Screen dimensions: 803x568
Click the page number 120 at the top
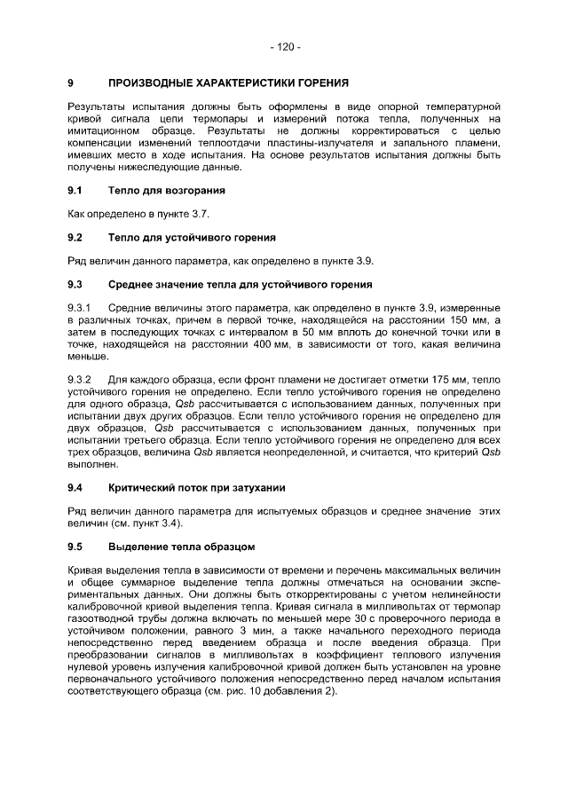(284, 46)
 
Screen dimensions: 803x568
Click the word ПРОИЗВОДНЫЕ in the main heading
(152, 83)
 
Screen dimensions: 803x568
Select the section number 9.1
(75, 190)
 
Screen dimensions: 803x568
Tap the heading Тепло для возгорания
(167, 190)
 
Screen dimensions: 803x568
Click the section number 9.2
(75, 238)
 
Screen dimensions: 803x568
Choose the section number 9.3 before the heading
(75, 285)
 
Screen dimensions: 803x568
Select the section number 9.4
(75, 488)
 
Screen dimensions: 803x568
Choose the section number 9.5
(75, 547)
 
